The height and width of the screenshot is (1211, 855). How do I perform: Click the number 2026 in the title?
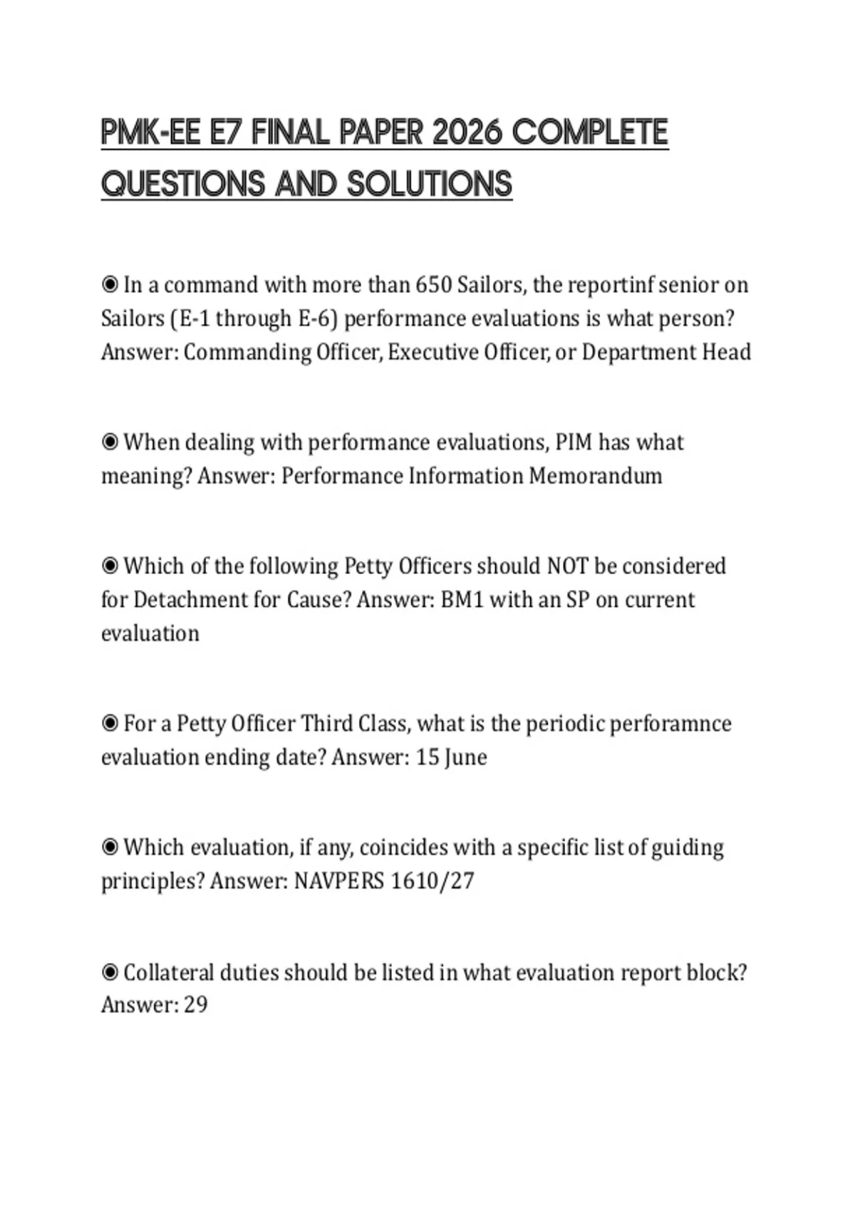[x=467, y=132]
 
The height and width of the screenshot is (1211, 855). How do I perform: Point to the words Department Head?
[x=666, y=352]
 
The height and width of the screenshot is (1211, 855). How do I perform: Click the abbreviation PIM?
[x=574, y=442]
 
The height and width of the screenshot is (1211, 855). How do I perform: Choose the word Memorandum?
[x=595, y=476]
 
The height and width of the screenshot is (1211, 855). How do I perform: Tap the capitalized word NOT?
[x=567, y=566]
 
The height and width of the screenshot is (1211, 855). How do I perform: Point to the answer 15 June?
[x=451, y=757]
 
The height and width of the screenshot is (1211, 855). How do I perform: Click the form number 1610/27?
[x=432, y=881]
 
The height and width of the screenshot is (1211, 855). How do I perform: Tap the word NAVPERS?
[x=339, y=881]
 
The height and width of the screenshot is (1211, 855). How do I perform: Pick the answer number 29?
[x=195, y=1005]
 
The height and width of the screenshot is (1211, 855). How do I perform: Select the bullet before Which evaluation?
[x=110, y=848]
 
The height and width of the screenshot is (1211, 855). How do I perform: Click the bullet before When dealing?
[x=110, y=442]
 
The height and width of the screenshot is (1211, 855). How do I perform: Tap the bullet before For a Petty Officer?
[x=110, y=724]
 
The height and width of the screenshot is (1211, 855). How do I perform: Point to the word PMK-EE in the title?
[x=150, y=132]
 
